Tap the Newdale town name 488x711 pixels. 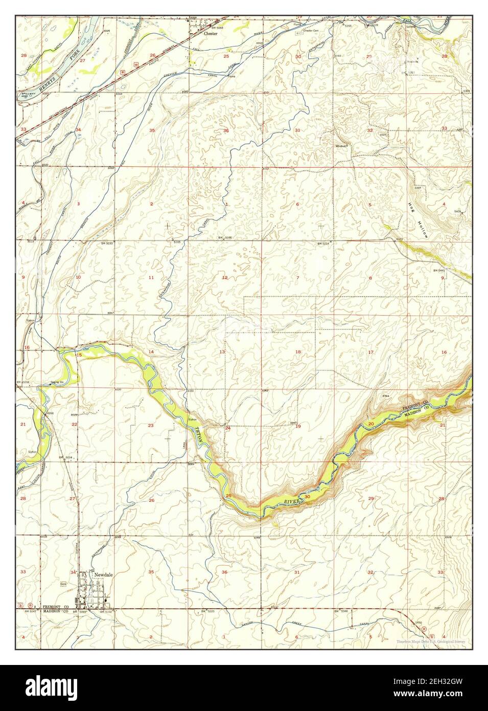click(x=103, y=574)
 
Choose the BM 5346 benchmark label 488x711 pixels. click(x=340, y=611)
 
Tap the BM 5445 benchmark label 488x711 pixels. click(x=439, y=270)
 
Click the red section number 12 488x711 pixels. click(x=224, y=277)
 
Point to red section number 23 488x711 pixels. click(x=151, y=426)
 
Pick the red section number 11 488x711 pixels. click(x=151, y=277)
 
